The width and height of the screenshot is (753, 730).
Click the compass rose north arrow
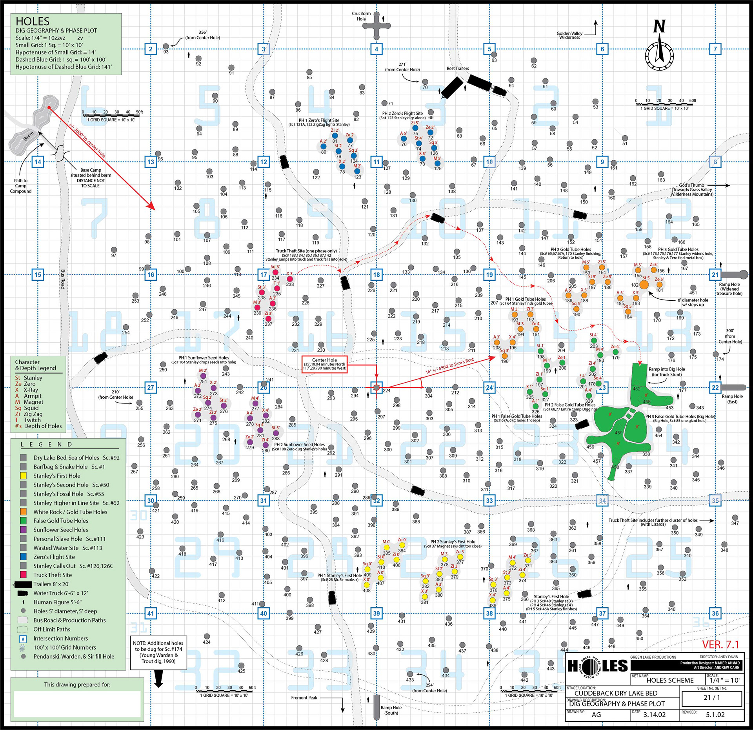[659, 51]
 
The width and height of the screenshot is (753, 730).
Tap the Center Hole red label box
[324, 364]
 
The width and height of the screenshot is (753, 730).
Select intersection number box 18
[376, 274]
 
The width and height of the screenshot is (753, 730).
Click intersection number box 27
[151, 387]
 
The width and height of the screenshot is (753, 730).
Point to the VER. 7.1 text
[720, 645]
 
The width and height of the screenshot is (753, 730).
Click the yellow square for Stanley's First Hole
[24, 476]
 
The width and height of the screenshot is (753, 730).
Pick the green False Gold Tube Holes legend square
[24, 521]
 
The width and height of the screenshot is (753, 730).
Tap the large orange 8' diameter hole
[644, 285]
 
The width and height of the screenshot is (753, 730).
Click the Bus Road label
[63, 279]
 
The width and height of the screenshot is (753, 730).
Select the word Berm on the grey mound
[29, 136]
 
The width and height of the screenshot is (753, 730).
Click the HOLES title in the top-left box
[33, 22]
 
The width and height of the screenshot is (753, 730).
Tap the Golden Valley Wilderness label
[569, 35]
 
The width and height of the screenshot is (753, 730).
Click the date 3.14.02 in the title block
[655, 714]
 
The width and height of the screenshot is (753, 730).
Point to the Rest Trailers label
[458, 68]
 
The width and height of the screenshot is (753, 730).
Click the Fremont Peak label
[304, 697]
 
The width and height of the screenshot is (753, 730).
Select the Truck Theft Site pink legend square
[24, 575]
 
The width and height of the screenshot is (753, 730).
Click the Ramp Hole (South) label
[391, 710]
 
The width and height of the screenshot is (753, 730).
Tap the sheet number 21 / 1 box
[712, 697]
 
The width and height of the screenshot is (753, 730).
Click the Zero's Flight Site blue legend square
[24, 557]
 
